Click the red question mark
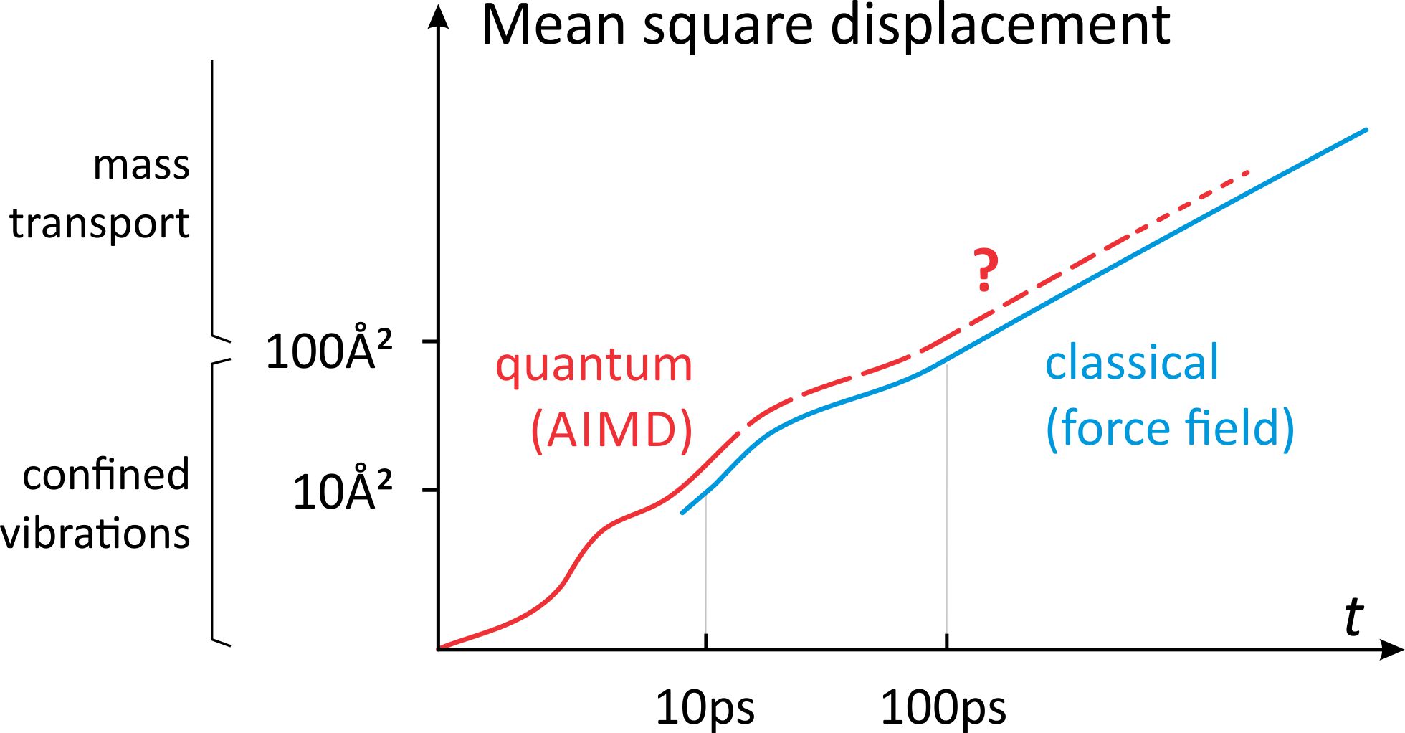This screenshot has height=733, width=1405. pyautogui.click(x=986, y=270)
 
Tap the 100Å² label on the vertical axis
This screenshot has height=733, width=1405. pyautogui.click(x=328, y=351)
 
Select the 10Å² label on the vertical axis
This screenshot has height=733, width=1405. pyautogui.click(x=342, y=491)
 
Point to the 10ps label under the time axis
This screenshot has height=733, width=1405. pyautogui.click(x=705, y=709)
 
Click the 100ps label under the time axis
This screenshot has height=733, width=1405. pyautogui.click(x=943, y=709)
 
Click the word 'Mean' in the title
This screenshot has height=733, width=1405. pyautogui.click(x=553, y=26)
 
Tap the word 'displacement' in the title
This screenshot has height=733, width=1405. pyautogui.click(x=1001, y=26)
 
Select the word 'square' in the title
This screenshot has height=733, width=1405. pyautogui.click(x=728, y=29)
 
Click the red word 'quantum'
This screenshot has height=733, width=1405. pyautogui.click(x=594, y=366)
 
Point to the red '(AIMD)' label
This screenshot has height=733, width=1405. pyautogui.click(x=611, y=430)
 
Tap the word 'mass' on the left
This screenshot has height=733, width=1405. pyautogui.click(x=141, y=166)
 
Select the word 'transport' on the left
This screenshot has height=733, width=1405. pyautogui.click(x=100, y=224)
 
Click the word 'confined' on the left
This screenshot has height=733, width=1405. pyautogui.click(x=106, y=475)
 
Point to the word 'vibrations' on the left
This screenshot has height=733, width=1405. pyautogui.click(x=96, y=534)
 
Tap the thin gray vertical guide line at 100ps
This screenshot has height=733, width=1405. pyautogui.click(x=947, y=502)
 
